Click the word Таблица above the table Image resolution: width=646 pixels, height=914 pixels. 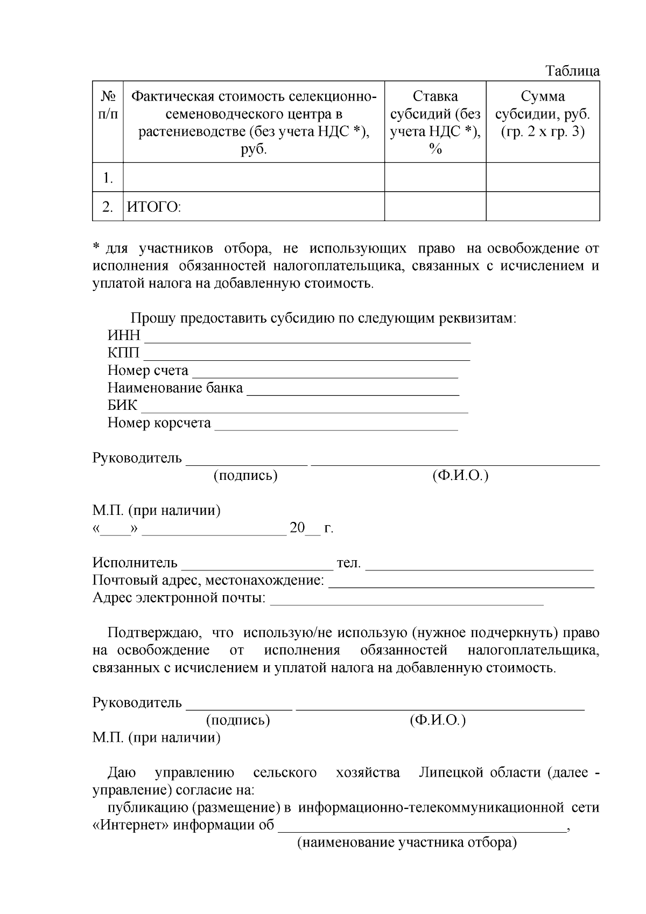[x=572, y=71]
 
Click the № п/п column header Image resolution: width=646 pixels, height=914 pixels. [x=108, y=105]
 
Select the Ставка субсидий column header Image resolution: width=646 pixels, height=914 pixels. [x=435, y=122]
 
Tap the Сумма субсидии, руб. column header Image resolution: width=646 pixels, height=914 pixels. [x=543, y=114]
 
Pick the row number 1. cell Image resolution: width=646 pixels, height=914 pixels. [x=108, y=178]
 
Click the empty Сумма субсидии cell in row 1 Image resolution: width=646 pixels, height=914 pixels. [x=543, y=177]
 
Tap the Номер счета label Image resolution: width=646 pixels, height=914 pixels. [x=148, y=371]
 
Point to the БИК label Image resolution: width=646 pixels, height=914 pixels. [x=122, y=405]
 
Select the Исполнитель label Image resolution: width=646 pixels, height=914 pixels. [x=135, y=563]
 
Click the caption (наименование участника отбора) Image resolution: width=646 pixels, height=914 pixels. [x=407, y=843]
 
